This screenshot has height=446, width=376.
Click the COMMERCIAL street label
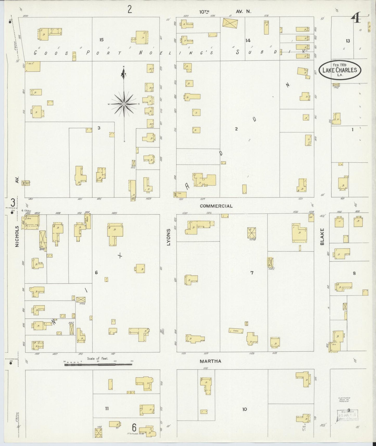point(216,206)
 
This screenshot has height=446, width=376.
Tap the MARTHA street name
point(210,361)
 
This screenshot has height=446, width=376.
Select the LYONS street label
point(168,237)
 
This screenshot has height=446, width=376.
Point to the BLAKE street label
point(322,237)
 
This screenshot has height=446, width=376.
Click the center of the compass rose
point(124,104)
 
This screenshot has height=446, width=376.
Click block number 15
point(101,40)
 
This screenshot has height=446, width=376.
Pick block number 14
point(248,40)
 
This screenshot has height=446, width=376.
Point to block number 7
point(252,273)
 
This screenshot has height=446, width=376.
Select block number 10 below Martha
point(244,409)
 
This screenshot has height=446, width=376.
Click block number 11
point(107,409)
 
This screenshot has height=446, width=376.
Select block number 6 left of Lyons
point(96,273)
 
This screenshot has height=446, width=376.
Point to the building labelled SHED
point(236,331)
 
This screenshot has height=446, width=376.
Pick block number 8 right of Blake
point(354,273)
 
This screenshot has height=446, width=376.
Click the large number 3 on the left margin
point(12,203)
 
